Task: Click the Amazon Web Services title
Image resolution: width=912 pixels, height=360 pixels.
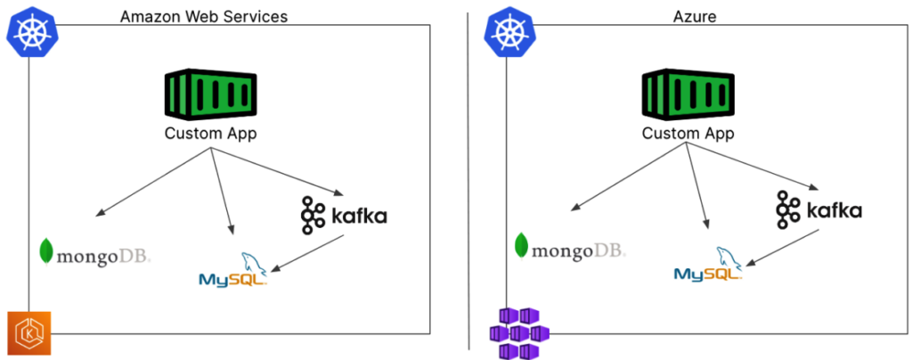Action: coord(204,16)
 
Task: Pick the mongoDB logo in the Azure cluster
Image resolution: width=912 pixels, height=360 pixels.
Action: coord(570,247)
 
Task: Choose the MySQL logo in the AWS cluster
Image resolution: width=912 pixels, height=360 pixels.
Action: coord(232,270)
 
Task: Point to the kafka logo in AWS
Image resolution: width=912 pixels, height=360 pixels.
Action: coord(343,216)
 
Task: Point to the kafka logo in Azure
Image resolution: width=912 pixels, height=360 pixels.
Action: coord(818,210)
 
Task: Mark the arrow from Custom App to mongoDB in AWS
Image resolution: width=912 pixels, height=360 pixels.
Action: coord(152,183)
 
